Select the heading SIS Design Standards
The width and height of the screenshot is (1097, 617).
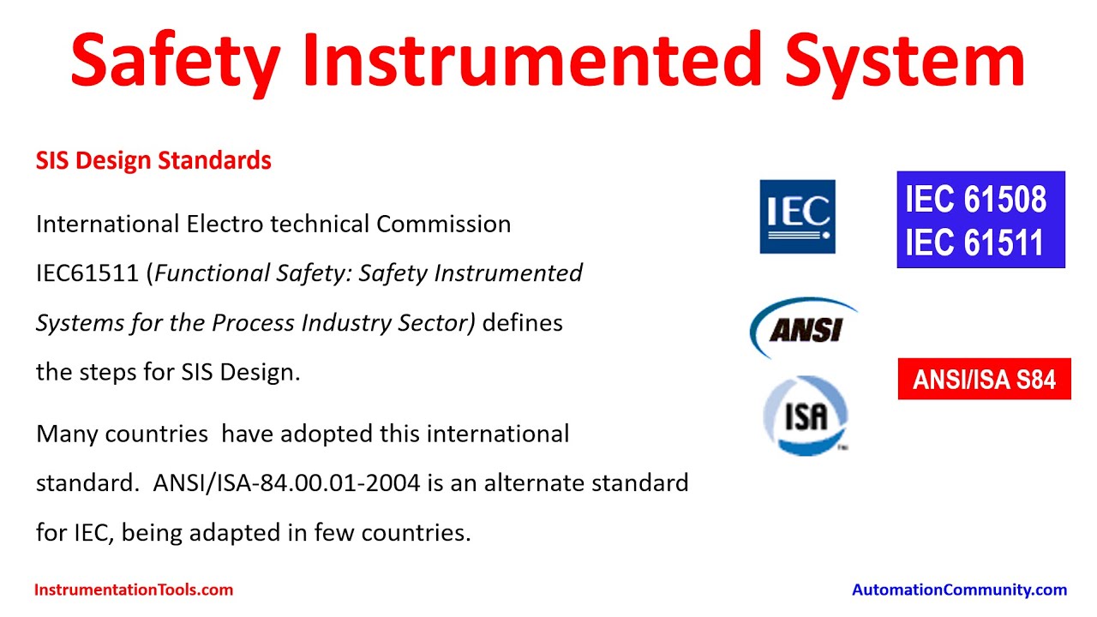tap(153, 161)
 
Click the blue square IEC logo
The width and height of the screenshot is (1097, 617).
tap(797, 217)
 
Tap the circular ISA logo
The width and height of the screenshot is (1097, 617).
tap(806, 416)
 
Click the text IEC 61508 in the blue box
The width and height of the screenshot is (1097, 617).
tap(975, 200)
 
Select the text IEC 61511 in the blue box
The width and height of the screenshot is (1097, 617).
tap(974, 243)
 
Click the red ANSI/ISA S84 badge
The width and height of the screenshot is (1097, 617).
tap(985, 379)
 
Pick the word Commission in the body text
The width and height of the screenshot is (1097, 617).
tap(444, 225)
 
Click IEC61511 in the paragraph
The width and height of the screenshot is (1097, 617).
tap(87, 273)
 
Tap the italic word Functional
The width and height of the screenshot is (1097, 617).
tap(212, 273)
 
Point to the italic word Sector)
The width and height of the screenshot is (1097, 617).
tap(436, 323)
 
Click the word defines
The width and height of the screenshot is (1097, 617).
tap(523, 323)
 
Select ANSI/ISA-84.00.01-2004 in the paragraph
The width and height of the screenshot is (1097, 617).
tap(286, 483)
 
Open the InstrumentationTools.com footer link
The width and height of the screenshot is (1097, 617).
tap(134, 590)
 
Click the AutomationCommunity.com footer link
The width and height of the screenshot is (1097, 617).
tap(959, 590)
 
